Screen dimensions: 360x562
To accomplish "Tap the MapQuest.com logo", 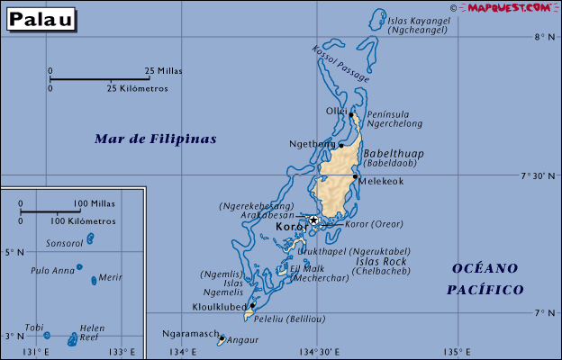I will click(508, 8).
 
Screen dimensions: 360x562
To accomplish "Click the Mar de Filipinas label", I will click(156, 139).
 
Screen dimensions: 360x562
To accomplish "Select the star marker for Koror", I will click(313, 220).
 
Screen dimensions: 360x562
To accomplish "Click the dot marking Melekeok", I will click(355, 176).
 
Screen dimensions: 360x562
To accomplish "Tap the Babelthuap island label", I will click(393, 154).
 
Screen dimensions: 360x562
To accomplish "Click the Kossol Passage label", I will click(340, 64).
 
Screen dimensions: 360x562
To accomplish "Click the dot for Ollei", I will click(350, 114).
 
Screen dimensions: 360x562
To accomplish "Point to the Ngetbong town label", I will click(311, 144).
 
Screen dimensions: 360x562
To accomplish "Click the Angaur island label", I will click(242, 340).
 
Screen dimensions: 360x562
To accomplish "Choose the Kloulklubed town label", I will click(220, 306).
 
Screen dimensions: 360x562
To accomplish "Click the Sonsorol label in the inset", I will click(64, 243).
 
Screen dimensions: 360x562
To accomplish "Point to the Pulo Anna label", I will click(52, 270).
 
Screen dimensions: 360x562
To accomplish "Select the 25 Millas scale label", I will click(163, 70).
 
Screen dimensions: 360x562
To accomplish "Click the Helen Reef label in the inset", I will click(93, 333).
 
